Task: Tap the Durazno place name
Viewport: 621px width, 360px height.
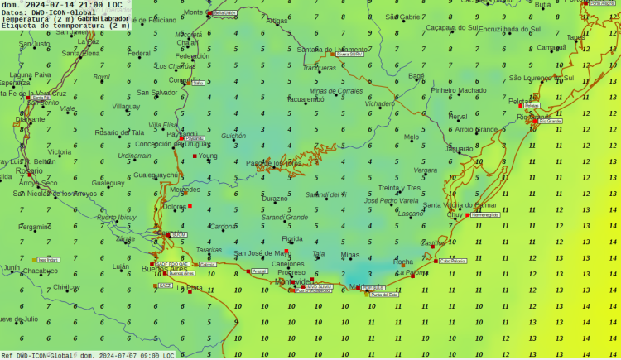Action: coord(275,199)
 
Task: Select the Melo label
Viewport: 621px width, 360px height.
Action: coord(412,137)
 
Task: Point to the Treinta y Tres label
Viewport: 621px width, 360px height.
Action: coord(400,188)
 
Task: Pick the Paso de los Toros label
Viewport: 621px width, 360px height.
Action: coord(273,163)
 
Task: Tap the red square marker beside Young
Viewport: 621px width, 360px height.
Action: coord(195,156)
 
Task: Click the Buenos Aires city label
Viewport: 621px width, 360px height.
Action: coord(166,269)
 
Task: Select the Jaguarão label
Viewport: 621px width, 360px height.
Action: coord(460,149)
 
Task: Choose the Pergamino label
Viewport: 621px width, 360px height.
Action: coord(36,227)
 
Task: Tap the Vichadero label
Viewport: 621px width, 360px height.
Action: coord(380,104)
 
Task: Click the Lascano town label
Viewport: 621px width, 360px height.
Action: coord(411,214)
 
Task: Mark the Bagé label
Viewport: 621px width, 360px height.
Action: coord(416,76)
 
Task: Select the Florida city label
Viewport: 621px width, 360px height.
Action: coord(292,239)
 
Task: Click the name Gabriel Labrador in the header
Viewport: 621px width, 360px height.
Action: coord(104,19)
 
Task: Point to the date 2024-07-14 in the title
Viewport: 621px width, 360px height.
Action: coord(53,5)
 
